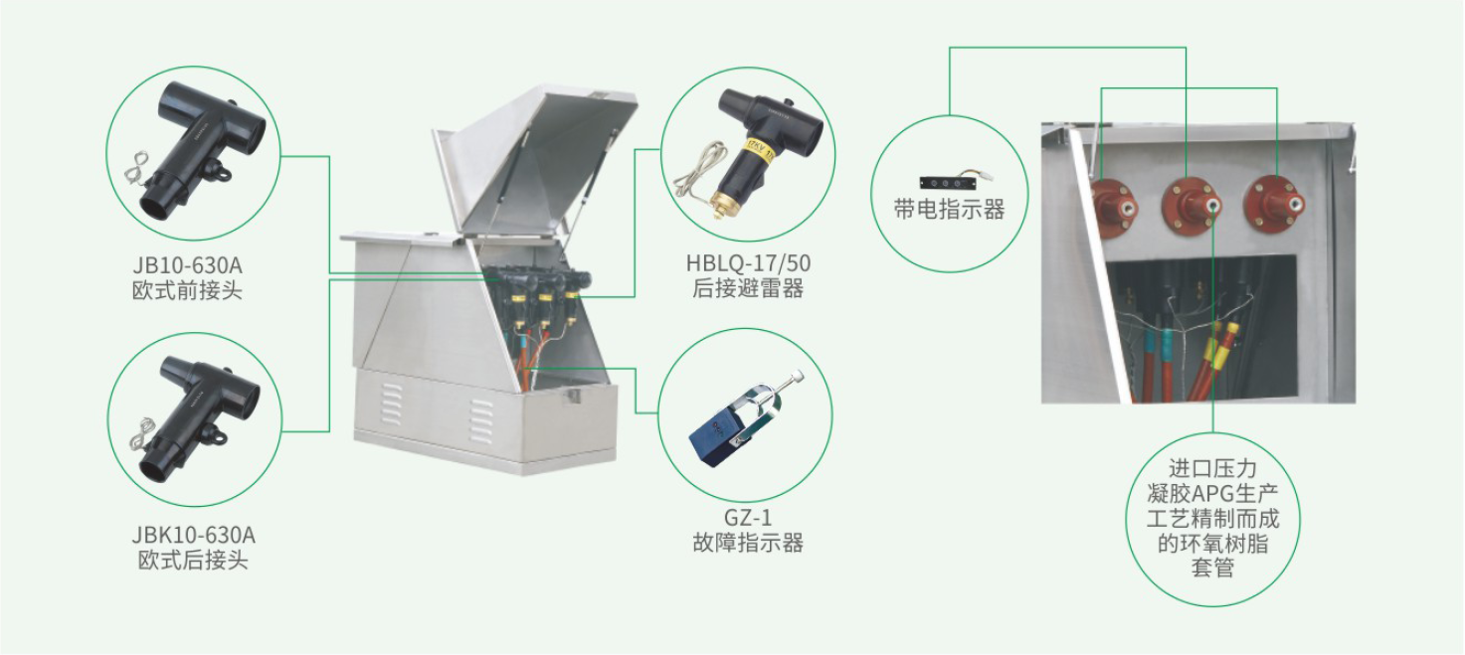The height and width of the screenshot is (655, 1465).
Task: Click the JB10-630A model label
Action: click(188, 265)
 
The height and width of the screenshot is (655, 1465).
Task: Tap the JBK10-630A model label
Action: click(194, 536)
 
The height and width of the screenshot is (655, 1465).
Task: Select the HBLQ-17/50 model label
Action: click(748, 262)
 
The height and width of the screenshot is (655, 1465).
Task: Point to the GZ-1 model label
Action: click(748, 518)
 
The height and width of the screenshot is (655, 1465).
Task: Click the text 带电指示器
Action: click(950, 210)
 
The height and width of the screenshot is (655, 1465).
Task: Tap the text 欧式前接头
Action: click(188, 290)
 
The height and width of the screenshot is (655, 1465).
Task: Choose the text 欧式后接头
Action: click(194, 561)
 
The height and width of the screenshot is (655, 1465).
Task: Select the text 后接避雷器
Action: click(748, 288)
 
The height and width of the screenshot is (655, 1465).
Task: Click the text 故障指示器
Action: click(748, 543)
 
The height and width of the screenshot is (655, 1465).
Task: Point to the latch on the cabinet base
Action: click(572, 395)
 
